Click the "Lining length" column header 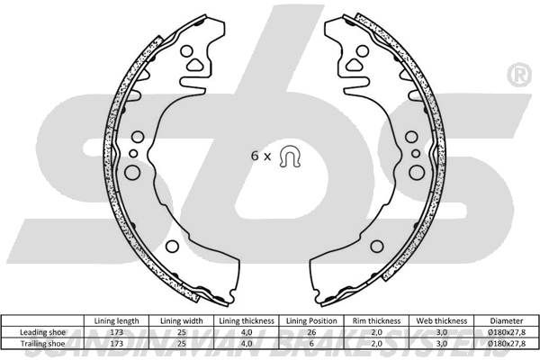click(116, 320)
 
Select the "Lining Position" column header click(311, 320)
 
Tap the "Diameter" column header click(507, 320)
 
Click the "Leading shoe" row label click(42, 332)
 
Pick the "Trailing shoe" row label click(42, 344)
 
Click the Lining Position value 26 click(311, 332)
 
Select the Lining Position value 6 click(311, 344)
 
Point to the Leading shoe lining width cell click(182, 332)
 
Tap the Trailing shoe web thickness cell click(442, 344)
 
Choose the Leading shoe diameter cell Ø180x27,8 click(507, 332)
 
